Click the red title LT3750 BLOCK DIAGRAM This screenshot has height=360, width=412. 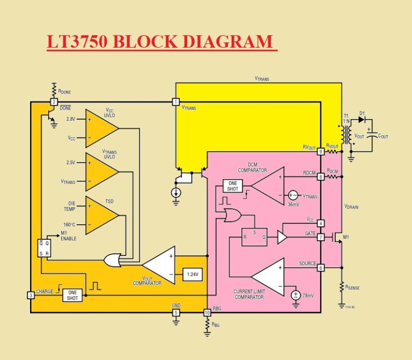click(x=160, y=42)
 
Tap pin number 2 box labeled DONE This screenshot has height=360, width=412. click(x=54, y=102)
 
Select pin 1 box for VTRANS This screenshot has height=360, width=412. click(x=175, y=102)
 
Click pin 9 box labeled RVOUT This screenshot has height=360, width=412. click(x=320, y=152)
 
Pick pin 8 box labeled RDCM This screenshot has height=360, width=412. click(x=320, y=177)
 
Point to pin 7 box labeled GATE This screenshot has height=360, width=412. click(x=320, y=237)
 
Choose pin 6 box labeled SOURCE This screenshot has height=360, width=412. click(x=320, y=268)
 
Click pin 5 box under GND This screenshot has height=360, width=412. click(x=175, y=312)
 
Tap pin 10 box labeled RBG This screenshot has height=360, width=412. click(x=207, y=312)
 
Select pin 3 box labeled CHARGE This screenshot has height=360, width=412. click(x=31, y=295)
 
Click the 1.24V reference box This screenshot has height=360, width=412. click(x=192, y=274)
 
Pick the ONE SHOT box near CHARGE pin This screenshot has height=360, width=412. click(x=72, y=295)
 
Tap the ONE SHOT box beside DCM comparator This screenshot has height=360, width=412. click(x=233, y=186)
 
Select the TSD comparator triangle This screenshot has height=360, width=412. click(x=101, y=215)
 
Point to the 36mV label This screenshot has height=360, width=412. click(x=293, y=204)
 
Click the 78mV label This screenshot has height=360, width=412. click(x=308, y=295)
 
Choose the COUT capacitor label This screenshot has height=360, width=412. click(x=382, y=136)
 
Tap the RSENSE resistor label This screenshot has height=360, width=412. click(x=351, y=288)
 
